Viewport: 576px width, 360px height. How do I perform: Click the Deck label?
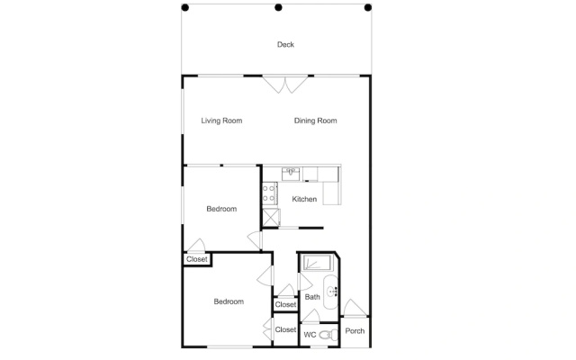click(285, 44)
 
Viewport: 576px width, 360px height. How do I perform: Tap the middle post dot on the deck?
click(278, 7)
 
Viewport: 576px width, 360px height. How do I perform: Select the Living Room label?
click(221, 121)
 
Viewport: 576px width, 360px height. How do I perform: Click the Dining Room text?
click(315, 121)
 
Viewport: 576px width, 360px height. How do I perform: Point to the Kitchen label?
click(304, 199)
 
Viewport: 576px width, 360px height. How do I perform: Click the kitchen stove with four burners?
click(270, 193)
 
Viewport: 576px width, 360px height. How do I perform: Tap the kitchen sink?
click(291, 174)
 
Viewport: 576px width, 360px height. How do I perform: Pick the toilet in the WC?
click(328, 335)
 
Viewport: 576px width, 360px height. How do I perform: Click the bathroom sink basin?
click(330, 292)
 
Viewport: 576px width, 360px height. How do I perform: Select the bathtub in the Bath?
click(316, 263)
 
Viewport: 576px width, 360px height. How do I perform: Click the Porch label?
click(355, 331)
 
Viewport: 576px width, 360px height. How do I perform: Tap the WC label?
click(310, 335)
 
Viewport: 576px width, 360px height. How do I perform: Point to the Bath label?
click(312, 297)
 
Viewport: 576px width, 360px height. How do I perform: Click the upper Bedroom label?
click(221, 209)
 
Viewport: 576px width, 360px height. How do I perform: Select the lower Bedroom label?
click(229, 301)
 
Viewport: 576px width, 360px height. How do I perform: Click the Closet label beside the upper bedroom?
click(197, 259)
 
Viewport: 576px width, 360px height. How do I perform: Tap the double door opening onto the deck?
click(285, 84)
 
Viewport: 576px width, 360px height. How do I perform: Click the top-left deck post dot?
click(185, 7)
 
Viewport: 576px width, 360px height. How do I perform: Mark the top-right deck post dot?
click(368, 7)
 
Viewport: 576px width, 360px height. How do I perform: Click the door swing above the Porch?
click(355, 308)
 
